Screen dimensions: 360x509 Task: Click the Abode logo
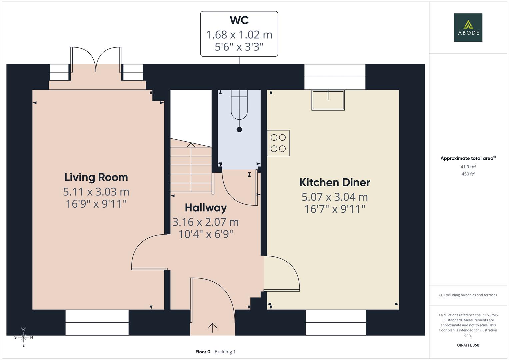coord(468,27)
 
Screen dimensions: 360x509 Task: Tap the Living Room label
coord(96,177)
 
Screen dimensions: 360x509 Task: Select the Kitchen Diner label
coord(335,182)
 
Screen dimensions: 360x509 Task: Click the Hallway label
coord(206,208)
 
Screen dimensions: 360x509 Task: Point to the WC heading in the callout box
coord(239,20)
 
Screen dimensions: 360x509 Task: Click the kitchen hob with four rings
coord(278,143)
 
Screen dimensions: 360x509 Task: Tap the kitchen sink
coord(328,100)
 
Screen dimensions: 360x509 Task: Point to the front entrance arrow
coord(212,328)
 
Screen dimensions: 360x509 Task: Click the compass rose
coord(23,337)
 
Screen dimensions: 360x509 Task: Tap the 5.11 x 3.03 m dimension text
coord(96,192)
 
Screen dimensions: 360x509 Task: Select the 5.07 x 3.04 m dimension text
coord(335,197)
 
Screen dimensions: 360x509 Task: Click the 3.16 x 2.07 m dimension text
coord(206,222)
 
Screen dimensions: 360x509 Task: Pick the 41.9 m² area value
coord(468,167)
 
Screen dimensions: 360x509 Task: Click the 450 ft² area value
coord(468,174)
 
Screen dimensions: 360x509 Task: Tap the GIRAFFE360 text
coord(468,345)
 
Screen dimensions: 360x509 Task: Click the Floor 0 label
coord(203,352)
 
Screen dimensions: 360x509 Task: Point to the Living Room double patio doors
coord(96,60)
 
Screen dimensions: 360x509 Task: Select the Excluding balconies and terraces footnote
coord(468,295)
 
